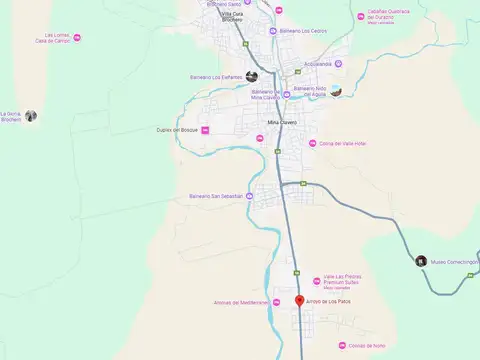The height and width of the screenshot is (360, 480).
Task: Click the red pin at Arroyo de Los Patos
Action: pos(299,300)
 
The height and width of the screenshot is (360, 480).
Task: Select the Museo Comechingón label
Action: pos(455,261)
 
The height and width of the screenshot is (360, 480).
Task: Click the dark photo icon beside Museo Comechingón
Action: pos(422,261)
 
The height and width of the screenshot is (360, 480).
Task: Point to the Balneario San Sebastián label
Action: pos(216,196)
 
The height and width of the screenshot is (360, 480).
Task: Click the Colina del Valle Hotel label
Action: pos(343,143)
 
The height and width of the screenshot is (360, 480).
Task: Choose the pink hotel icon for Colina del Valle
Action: pos(312,143)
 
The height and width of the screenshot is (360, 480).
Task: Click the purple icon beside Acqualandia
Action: pos(338,64)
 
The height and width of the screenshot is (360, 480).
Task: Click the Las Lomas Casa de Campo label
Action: pos(51,38)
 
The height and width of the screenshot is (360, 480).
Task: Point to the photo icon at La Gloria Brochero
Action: pos(32,116)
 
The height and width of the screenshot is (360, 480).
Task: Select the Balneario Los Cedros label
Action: pos(305,31)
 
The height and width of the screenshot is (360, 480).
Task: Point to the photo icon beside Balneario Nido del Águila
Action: pos(337,92)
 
